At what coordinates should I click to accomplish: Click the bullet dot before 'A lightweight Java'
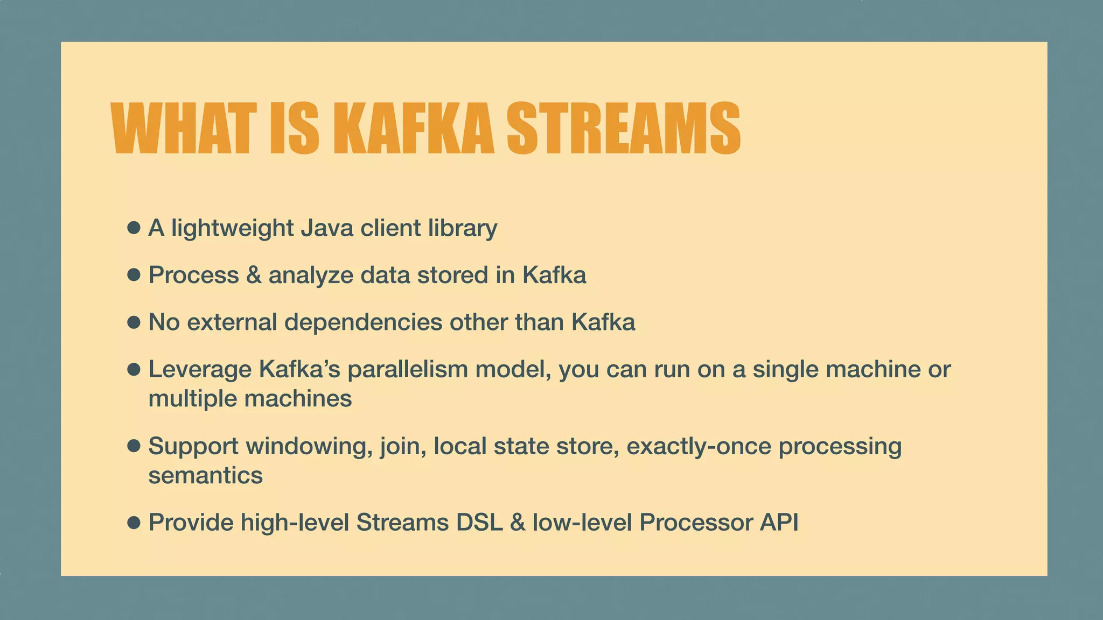(x=134, y=228)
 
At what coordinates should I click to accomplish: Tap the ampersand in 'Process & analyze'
(x=254, y=275)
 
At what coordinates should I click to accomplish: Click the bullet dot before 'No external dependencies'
(x=134, y=322)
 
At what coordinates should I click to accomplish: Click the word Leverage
(x=200, y=370)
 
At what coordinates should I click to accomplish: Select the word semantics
(x=205, y=476)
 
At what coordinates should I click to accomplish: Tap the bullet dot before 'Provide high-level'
(x=134, y=522)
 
